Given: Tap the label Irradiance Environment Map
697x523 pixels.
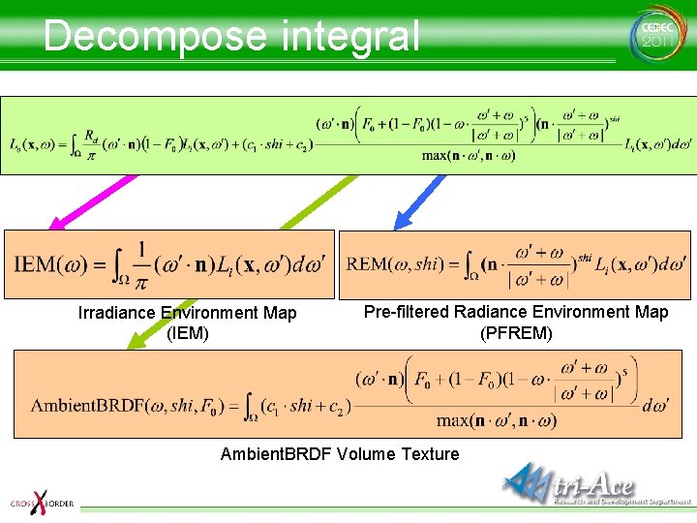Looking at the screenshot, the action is coord(187,313).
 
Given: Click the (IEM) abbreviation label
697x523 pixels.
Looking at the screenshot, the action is coord(187,334).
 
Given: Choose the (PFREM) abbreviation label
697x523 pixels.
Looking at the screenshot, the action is coord(516,333).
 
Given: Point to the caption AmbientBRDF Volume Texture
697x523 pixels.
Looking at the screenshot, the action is coord(340,454).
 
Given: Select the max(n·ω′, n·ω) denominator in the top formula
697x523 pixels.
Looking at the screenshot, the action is coord(469,155).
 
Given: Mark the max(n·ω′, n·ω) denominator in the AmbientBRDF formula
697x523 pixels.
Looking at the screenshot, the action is coord(497,420).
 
